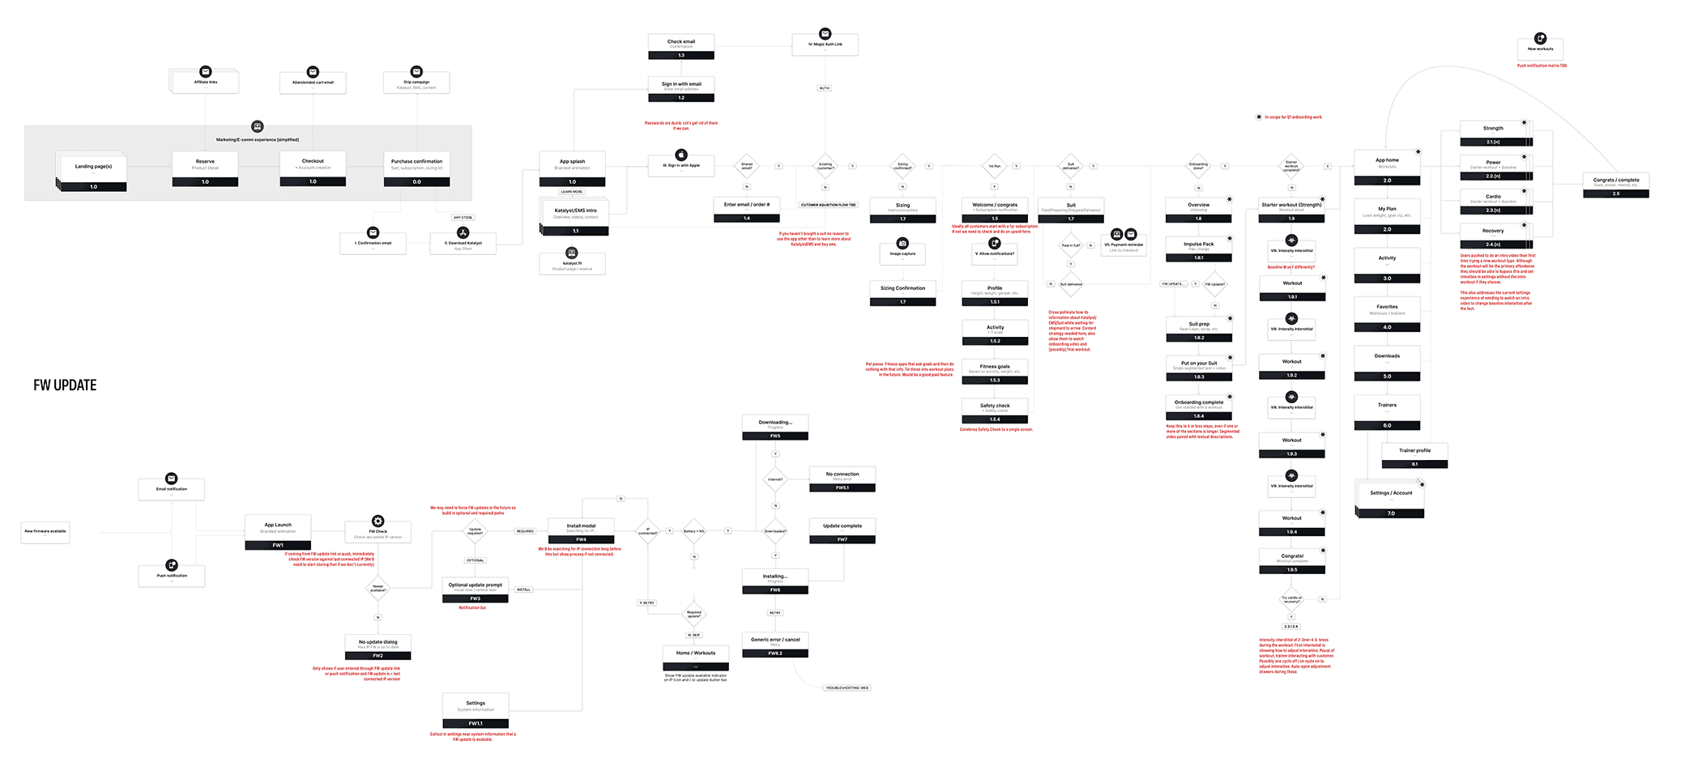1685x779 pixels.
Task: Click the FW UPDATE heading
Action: [65, 385]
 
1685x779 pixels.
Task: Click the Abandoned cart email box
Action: [313, 83]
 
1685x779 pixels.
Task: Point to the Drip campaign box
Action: [416, 83]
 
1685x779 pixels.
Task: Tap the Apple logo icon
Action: [681, 155]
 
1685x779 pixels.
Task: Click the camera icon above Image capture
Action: [902, 243]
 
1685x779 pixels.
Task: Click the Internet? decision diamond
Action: [775, 479]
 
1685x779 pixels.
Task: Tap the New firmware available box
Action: [45, 532]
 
